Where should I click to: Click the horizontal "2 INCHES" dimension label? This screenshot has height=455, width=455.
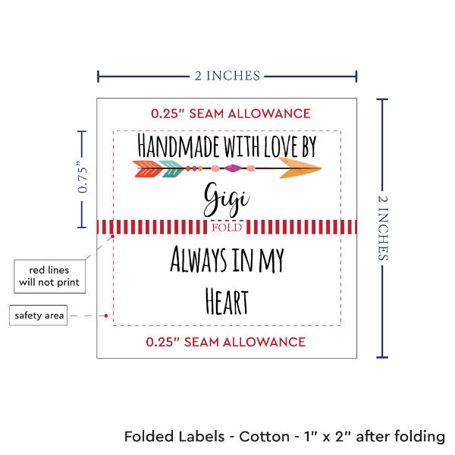tap(226, 75)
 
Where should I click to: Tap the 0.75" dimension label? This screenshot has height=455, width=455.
tap(83, 179)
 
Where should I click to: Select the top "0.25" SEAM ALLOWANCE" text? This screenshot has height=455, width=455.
tap(231, 114)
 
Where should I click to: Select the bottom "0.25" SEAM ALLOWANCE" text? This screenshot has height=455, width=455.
tap(226, 342)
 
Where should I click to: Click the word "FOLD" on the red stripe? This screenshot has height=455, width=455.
tap(227, 227)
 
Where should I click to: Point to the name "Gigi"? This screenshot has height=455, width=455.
tap(226, 198)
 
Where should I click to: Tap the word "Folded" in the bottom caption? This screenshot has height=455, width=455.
tap(149, 438)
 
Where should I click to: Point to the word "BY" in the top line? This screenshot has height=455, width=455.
tap(306, 143)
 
